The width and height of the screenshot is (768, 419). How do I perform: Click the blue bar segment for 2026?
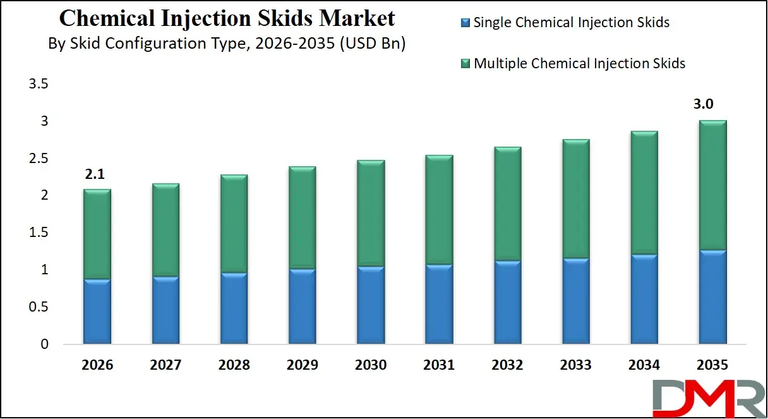97,312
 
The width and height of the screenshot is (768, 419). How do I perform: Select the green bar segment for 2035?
712,185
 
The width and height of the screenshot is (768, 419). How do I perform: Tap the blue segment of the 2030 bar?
369,305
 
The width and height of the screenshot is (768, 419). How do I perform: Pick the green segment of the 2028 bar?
234,224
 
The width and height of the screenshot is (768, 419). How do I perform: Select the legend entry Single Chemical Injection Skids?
571,23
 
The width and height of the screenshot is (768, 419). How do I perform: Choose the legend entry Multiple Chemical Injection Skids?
579,63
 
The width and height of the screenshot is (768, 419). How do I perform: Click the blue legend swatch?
465,23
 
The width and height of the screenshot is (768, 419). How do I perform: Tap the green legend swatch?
465,64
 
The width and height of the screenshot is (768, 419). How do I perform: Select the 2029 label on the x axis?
302,365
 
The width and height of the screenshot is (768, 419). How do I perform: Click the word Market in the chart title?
357,18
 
